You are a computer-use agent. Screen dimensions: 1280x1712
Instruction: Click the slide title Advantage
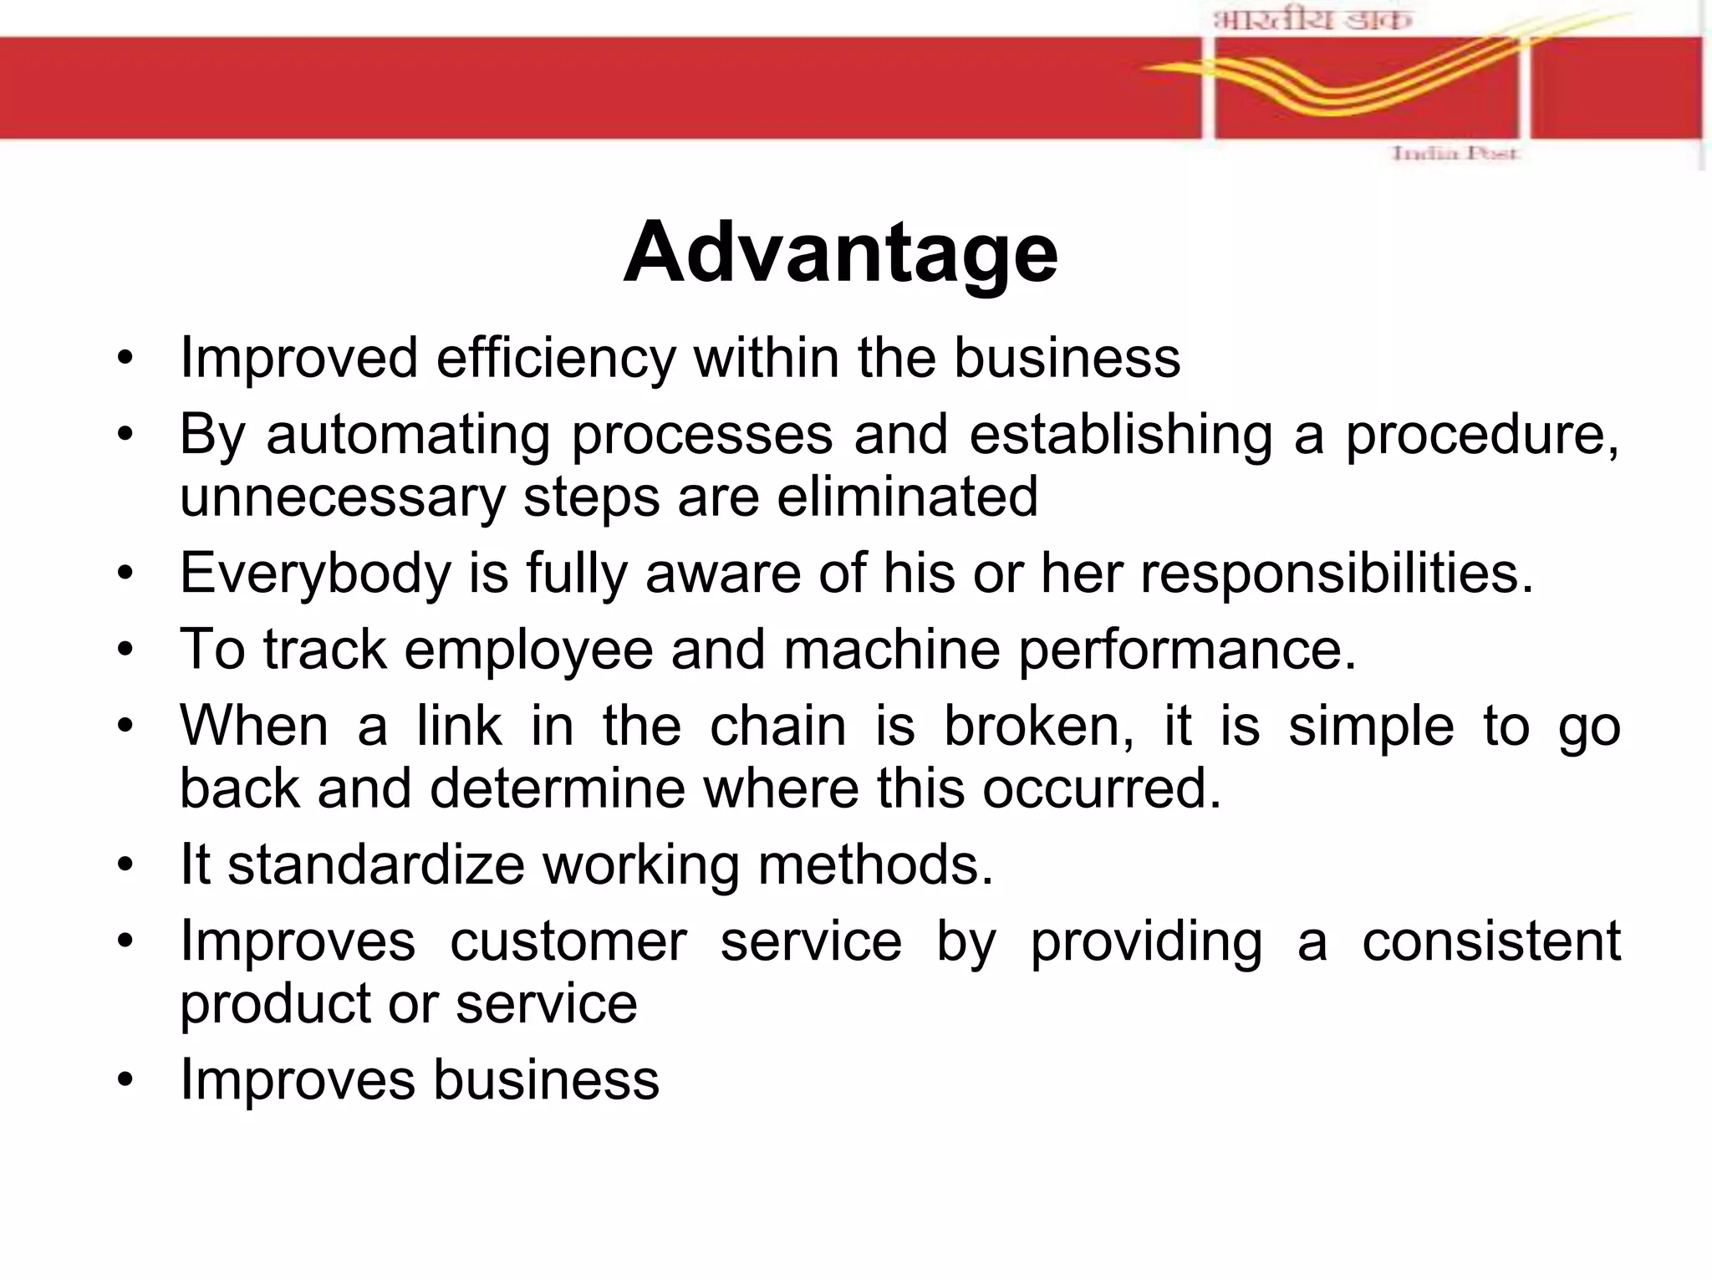point(840,252)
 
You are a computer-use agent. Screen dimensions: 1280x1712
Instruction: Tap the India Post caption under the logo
point(1454,154)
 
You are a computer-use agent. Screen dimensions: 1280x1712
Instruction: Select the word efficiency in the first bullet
point(555,359)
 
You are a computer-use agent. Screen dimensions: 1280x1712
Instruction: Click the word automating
point(408,436)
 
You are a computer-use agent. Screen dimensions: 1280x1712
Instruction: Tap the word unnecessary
point(343,497)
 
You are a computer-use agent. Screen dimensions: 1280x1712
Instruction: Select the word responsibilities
point(1337,574)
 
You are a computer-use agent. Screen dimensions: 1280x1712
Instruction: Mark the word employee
point(528,650)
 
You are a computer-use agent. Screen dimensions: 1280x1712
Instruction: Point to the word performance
point(1186,650)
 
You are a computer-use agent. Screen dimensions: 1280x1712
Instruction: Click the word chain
point(777,726)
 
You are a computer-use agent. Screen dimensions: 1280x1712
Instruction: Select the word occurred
point(1101,788)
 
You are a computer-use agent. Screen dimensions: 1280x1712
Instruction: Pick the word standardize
point(376,864)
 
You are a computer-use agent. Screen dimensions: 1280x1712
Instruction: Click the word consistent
point(1491,941)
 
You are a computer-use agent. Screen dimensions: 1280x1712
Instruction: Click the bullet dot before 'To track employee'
point(125,650)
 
